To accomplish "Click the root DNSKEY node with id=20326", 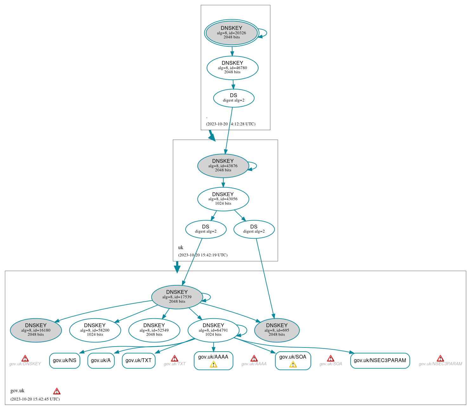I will pos(232,33).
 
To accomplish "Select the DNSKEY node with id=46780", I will pos(232,68).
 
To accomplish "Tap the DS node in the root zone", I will pos(234,98).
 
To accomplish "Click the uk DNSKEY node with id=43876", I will pos(223,166).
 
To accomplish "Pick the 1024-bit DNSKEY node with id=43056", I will pos(223,199).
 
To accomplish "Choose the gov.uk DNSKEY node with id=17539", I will pos(177,297).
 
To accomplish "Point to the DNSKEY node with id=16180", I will pos(36,330).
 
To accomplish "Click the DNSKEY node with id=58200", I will pos(95,330).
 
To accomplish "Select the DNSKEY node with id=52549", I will pos(154,330).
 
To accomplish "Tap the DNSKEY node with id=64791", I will pos(213,330).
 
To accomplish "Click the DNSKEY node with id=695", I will pos(277,330).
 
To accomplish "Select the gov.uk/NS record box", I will pos(65,360).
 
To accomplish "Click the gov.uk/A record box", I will pos(101,360).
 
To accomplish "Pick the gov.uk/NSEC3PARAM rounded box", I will pos(380,360).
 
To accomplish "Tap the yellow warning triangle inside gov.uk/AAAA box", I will pos(213,365).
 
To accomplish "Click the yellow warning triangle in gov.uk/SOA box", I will pos(293,365).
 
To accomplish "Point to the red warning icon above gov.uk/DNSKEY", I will pos(25,359).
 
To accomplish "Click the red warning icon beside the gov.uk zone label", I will pos(57,391).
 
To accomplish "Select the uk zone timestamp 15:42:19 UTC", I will pos(203,255).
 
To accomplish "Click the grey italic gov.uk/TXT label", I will pos(174,364).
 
